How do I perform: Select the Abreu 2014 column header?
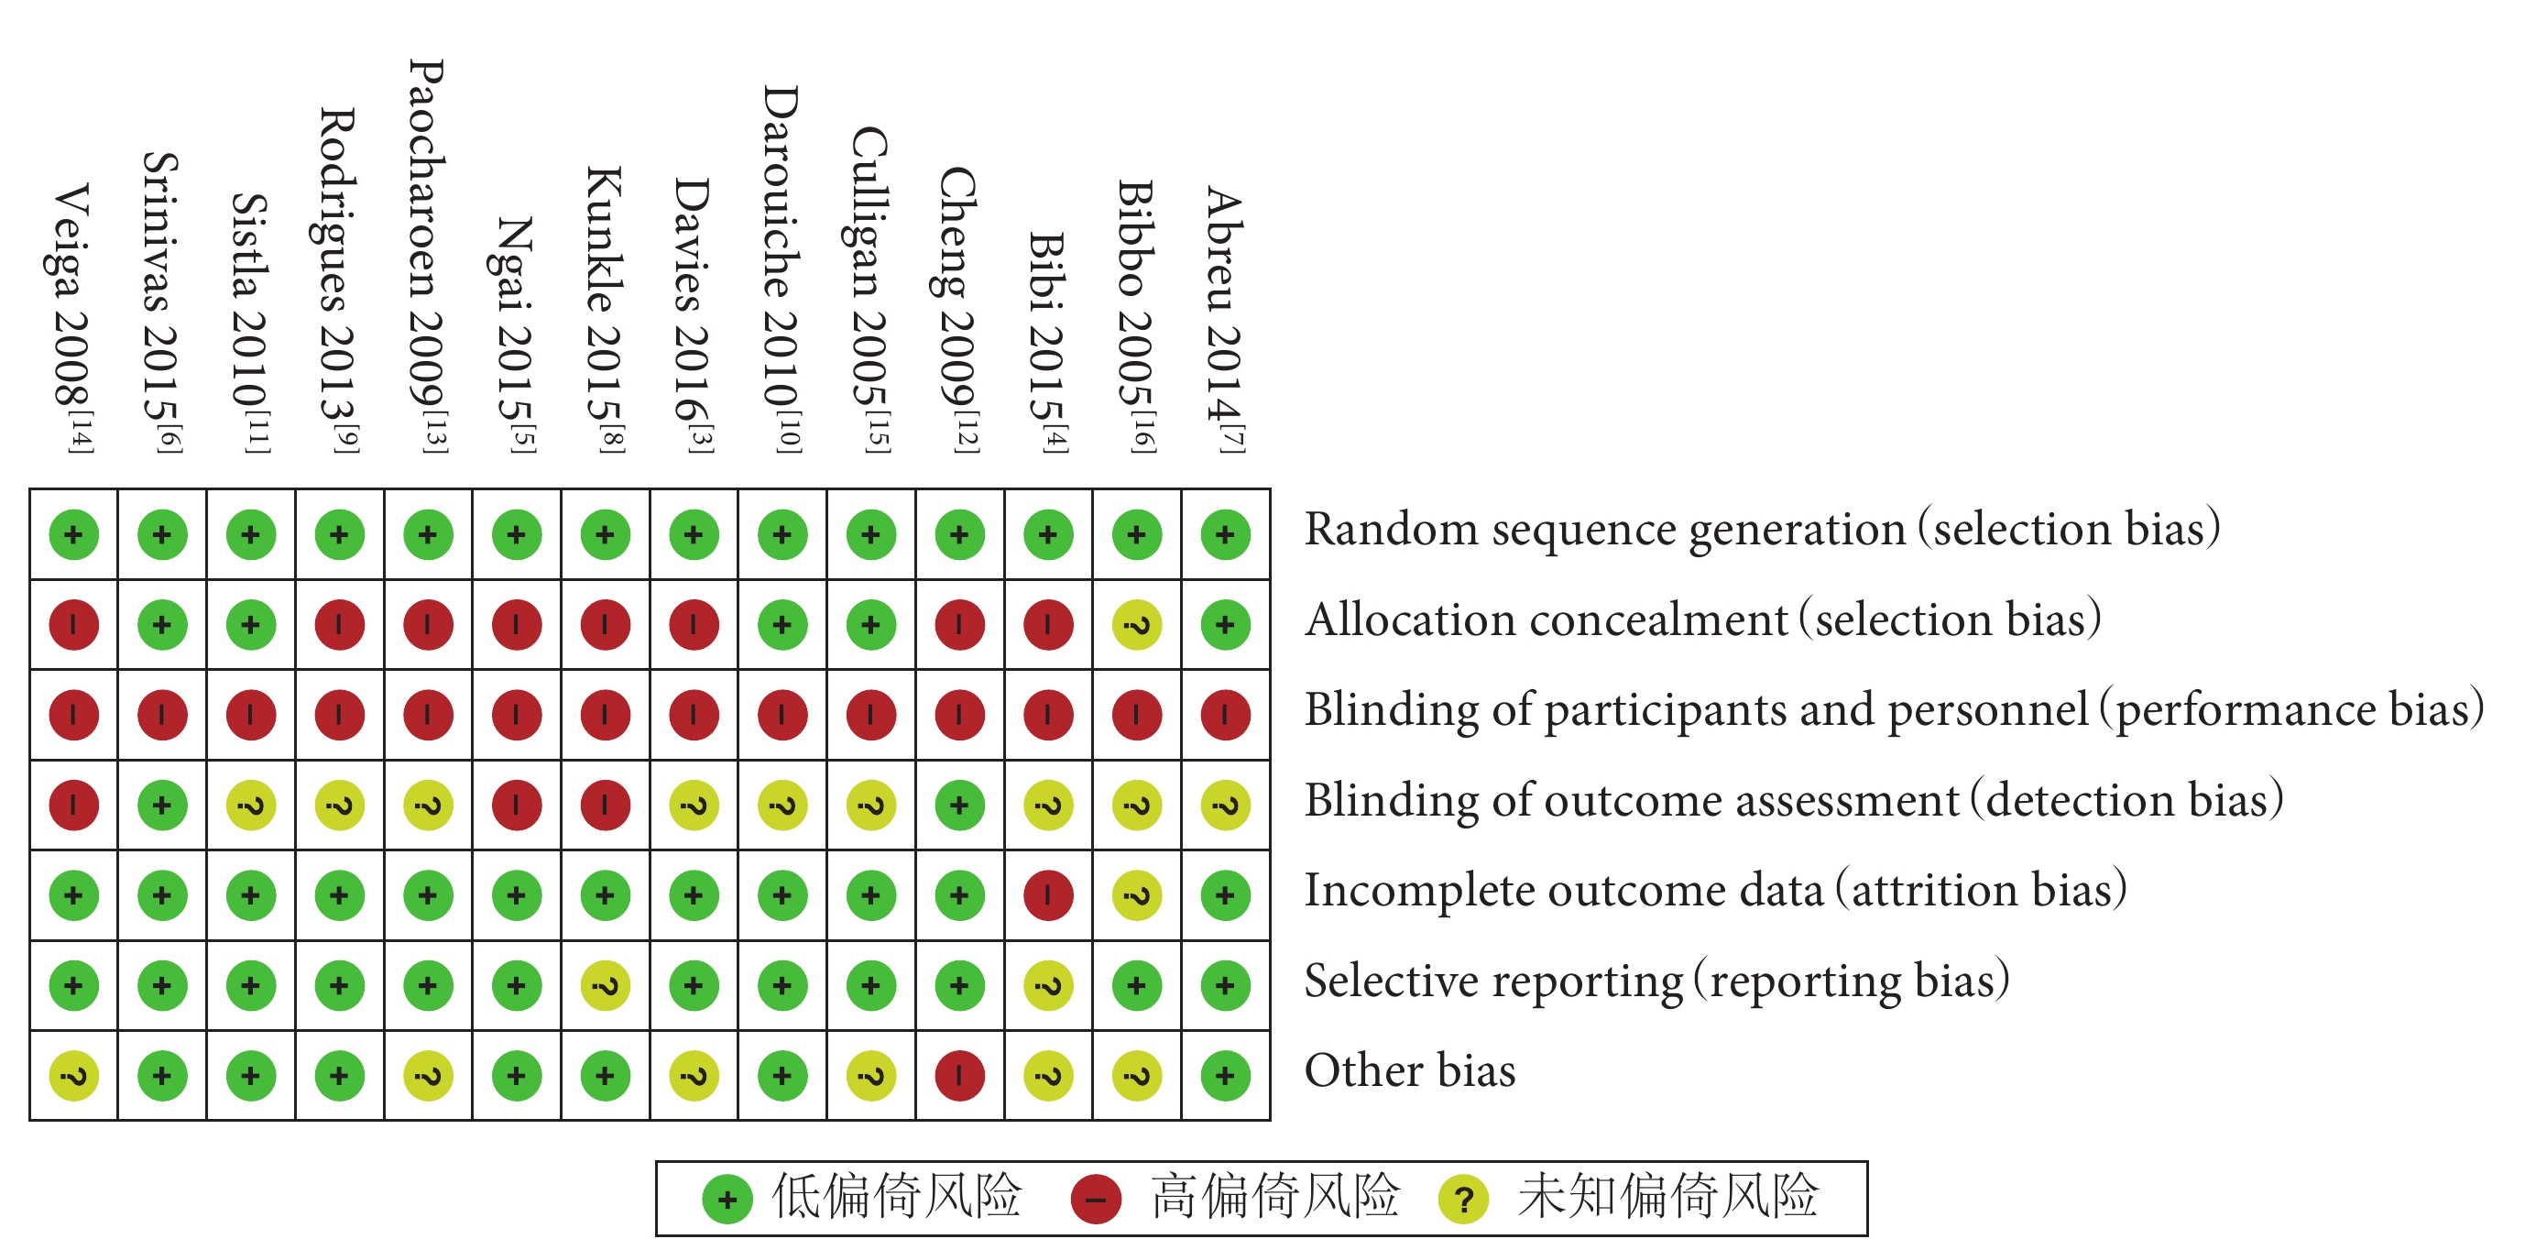1225,320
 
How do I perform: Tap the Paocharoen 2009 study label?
427,256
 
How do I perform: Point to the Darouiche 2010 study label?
782,269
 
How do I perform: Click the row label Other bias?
1409,1069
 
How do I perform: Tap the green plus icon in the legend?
727,1199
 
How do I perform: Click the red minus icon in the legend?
1096,1199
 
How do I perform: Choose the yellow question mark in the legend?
1463,1199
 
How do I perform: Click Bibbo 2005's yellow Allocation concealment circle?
1137,624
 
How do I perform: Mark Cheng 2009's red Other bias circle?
959,1075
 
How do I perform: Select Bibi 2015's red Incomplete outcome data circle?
1048,895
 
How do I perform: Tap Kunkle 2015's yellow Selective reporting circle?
606,985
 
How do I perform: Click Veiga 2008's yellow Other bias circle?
73,1075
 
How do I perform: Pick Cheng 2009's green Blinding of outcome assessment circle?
959,805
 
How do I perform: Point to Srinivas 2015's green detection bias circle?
163,805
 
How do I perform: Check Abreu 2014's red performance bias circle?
1225,715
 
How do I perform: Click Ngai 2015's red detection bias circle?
517,805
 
